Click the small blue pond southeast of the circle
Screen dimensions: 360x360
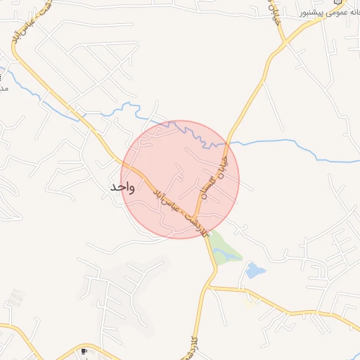[x=254, y=270]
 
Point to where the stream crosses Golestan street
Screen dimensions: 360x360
[x=226, y=143]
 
